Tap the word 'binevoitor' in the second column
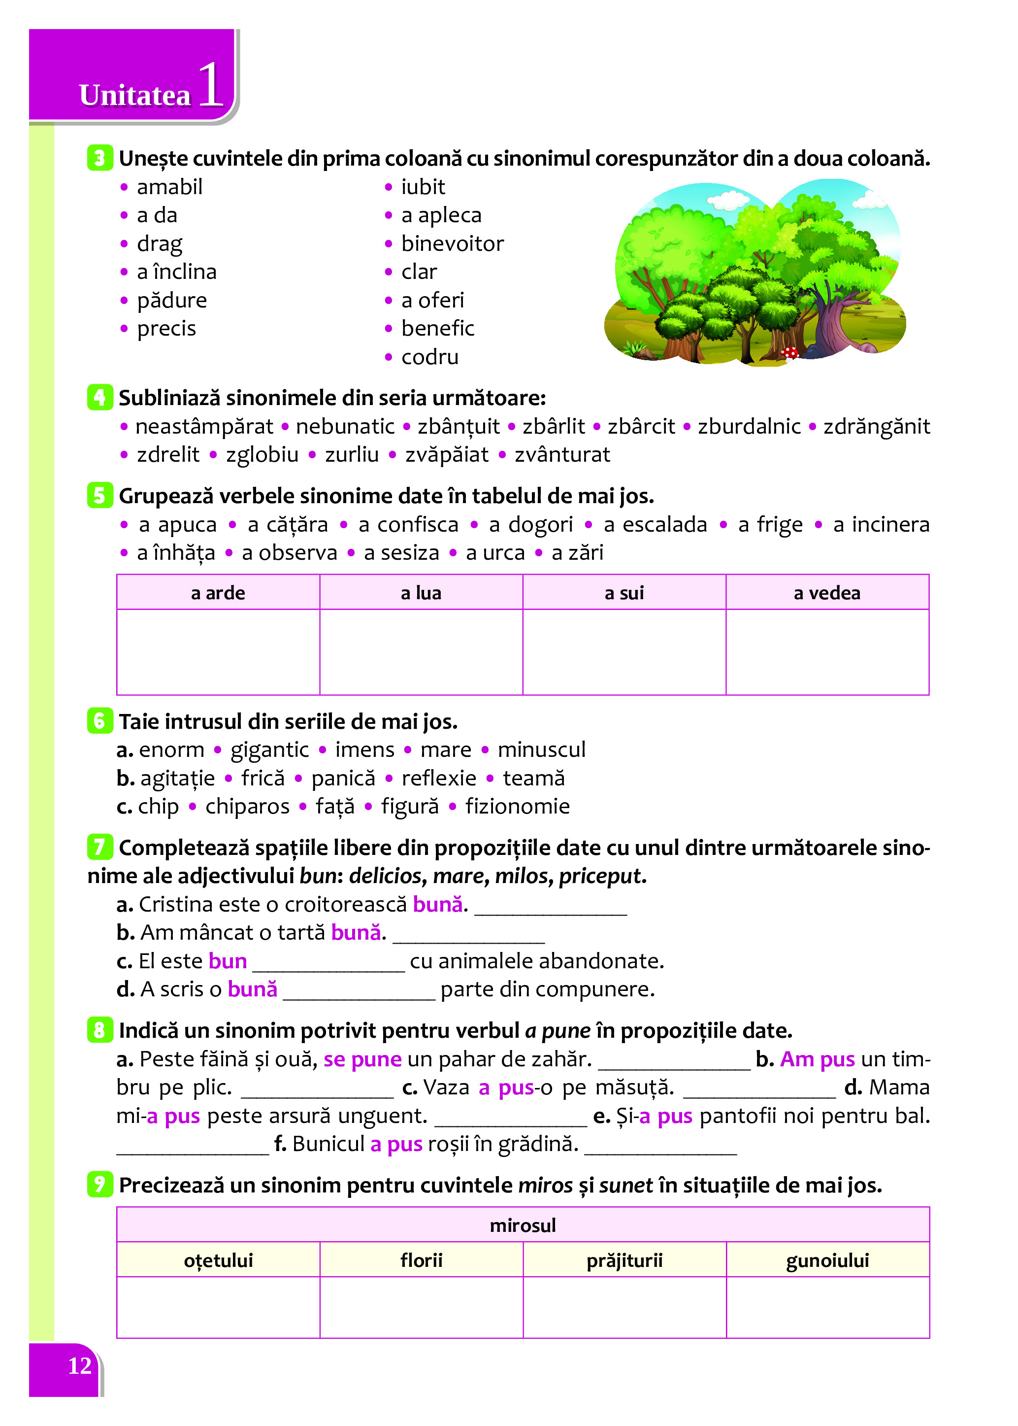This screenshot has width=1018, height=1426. coord(452,243)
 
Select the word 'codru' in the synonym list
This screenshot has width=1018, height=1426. coord(429,357)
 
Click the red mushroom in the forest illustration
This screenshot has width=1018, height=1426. coord(791,352)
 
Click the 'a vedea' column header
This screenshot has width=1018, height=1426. coord(827,593)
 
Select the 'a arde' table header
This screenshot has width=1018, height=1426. coord(218,593)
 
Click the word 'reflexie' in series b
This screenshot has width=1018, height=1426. coord(439,778)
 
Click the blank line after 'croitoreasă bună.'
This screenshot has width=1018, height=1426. coord(551,908)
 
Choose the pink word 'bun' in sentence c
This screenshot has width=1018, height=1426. coord(228,961)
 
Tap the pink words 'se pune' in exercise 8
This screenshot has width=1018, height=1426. coord(362,1059)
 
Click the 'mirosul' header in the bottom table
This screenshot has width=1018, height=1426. coord(523,1224)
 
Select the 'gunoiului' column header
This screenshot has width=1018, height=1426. coord(827,1260)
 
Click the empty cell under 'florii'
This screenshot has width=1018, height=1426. coord(421,1307)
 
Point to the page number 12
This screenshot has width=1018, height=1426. coord(80,1366)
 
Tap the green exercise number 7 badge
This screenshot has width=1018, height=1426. coord(99,847)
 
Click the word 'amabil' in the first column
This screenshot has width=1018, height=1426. coord(169,187)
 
